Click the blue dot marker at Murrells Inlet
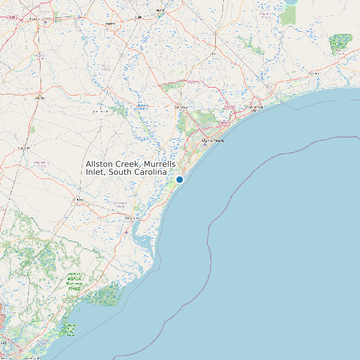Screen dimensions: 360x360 coord(179,179)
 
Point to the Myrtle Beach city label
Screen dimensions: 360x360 coord(213,141)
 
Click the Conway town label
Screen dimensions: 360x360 coord(181,107)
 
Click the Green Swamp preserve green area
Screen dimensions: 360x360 coord(339,45)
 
